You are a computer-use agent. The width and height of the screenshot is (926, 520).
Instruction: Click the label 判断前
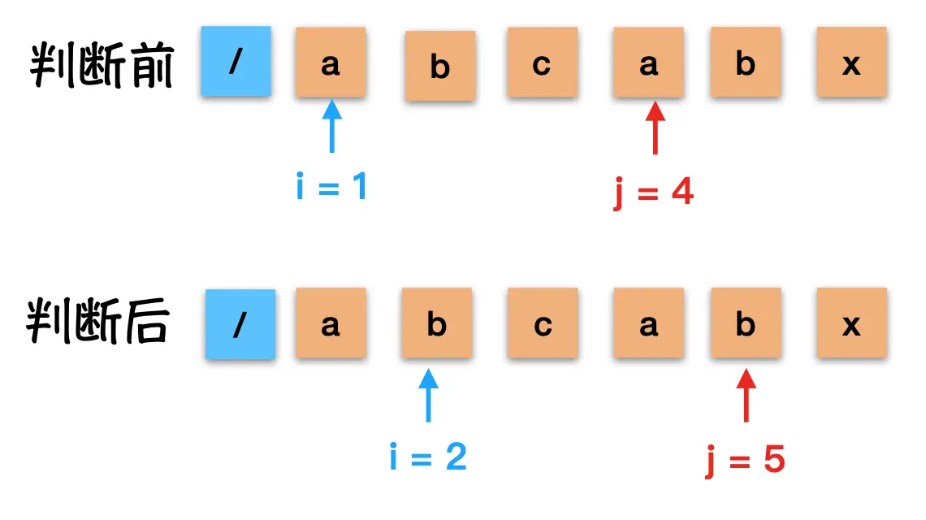[x=102, y=65]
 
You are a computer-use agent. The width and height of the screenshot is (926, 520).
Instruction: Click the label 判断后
[x=97, y=323]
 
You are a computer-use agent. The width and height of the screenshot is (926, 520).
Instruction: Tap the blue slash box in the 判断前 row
[x=236, y=62]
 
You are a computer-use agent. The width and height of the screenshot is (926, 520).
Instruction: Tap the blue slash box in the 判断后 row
[x=240, y=324]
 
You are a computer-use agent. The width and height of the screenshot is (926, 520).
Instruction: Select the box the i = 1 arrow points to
[x=331, y=62]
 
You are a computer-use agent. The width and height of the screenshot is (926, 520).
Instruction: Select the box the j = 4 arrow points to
[x=648, y=62]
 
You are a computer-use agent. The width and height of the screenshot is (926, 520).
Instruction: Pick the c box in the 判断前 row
[x=543, y=62]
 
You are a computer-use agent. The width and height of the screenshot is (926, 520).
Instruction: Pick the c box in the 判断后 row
[x=543, y=324]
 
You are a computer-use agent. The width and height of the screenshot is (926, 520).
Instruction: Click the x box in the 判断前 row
[x=851, y=62]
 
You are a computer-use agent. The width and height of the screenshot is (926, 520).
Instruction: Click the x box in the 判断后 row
[x=851, y=324]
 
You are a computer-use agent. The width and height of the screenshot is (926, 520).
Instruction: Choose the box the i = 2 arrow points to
[x=437, y=324]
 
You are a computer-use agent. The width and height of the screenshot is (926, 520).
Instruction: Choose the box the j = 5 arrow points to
[x=746, y=324]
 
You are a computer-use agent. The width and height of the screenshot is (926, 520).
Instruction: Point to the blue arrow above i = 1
[x=331, y=126]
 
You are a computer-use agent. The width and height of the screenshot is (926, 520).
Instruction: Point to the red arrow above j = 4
[x=655, y=128]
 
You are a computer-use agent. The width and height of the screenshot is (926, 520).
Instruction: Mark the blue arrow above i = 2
[x=427, y=394]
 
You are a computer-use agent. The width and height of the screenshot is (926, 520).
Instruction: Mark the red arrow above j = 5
[x=746, y=394]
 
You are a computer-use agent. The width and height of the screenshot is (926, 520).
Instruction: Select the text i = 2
[x=428, y=457]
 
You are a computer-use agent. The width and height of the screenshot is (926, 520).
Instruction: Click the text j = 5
[x=744, y=461]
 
